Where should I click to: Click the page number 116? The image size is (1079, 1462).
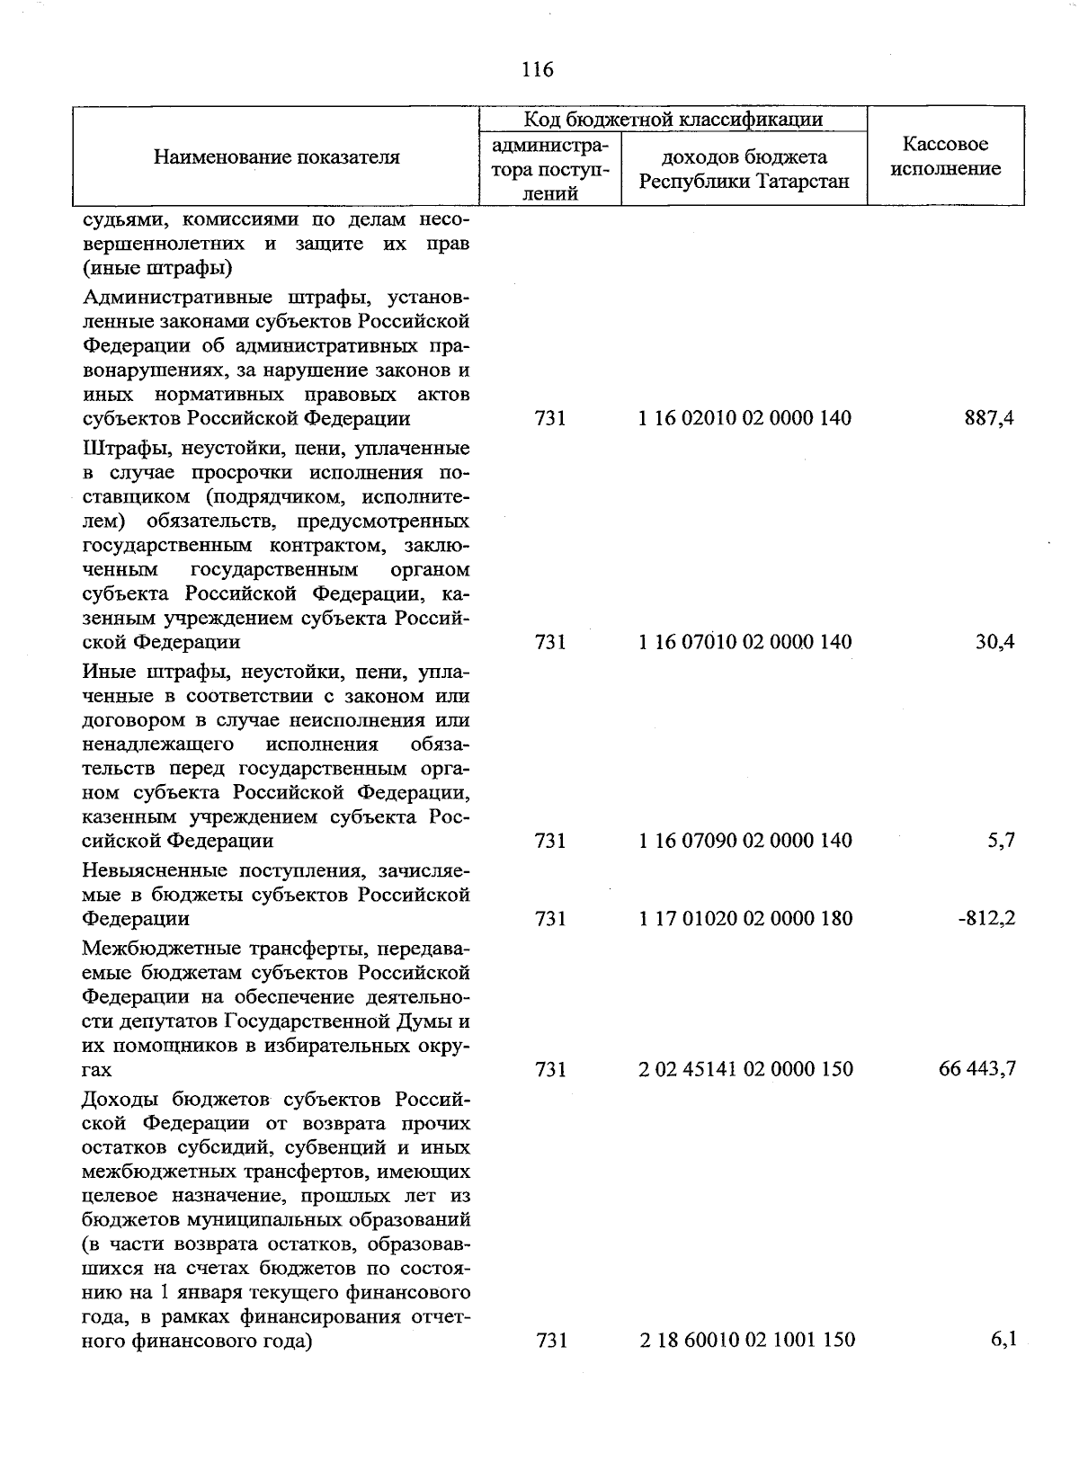coord(538,69)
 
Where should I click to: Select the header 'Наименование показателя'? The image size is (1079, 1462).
coord(276,157)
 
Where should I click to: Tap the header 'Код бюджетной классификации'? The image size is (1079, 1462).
coord(673,119)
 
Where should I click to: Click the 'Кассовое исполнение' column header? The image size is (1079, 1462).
coord(946,157)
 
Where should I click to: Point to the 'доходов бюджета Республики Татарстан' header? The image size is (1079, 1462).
coord(745,170)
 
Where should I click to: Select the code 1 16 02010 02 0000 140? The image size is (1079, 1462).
coord(745,418)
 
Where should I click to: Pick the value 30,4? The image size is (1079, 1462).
coord(995,642)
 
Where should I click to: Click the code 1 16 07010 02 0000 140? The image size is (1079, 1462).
coord(745,642)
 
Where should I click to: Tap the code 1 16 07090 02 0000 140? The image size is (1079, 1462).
coord(745,841)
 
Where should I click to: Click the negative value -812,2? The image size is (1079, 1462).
coord(986,919)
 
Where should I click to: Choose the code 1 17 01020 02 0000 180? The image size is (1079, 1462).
coord(745,919)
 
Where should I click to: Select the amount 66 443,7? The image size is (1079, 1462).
coord(977,1069)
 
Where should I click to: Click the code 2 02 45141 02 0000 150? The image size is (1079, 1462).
coord(745,1069)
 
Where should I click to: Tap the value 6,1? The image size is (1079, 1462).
coord(1003,1339)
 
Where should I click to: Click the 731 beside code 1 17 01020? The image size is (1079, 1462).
coord(550,919)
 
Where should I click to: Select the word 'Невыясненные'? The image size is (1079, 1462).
coord(152,871)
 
